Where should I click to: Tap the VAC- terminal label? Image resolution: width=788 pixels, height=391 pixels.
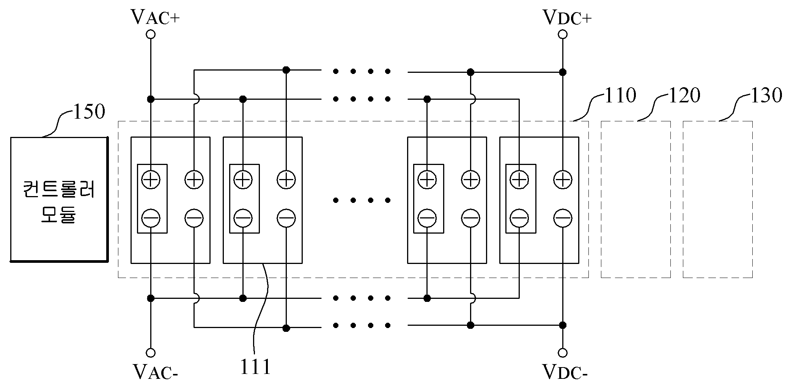tap(155, 372)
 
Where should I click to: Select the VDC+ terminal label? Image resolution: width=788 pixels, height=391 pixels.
tap(567, 17)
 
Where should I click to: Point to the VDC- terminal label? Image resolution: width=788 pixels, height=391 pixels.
tap(565, 372)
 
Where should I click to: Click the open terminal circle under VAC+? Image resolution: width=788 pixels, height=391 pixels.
tap(151, 35)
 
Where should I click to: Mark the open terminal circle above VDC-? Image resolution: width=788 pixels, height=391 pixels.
tap(563, 353)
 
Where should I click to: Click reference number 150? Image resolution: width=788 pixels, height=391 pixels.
tap(88, 112)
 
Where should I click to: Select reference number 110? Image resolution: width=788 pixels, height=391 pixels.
tap(620, 95)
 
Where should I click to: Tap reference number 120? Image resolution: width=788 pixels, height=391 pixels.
tap(684, 95)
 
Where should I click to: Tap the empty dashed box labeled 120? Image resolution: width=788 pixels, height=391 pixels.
tap(636, 199)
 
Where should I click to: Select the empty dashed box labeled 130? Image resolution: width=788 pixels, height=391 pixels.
tap(718, 199)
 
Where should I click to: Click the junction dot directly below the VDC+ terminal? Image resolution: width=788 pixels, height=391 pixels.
tap(563, 72)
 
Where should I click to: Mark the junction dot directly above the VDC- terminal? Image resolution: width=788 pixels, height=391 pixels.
tap(563, 325)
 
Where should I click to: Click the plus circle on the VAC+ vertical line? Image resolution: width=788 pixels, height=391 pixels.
tap(151, 179)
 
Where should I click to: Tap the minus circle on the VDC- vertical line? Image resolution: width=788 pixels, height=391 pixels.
tap(563, 218)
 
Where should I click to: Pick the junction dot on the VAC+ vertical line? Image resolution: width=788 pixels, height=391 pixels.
tap(151, 99)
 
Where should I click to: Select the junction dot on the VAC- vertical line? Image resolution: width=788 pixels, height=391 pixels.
tap(151, 298)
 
